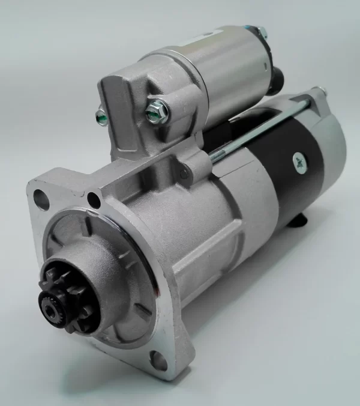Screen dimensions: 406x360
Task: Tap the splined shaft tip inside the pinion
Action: [50, 304]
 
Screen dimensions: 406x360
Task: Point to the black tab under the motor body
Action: [298, 223]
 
